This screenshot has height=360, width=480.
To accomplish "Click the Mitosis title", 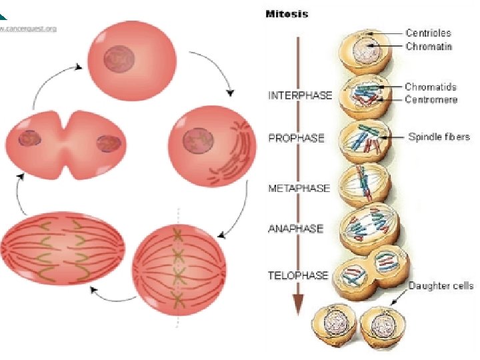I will click(287, 13).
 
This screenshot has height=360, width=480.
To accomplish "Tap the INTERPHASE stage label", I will click(299, 95).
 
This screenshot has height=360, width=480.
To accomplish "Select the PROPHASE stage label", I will click(296, 138).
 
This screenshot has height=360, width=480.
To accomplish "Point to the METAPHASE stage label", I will click(299, 188).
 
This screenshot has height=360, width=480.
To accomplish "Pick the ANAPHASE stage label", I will click(295, 229).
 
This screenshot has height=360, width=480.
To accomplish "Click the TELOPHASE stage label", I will click(298, 275).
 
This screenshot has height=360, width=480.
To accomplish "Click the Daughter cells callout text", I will click(441, 286).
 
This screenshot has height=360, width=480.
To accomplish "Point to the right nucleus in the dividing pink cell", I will click(107, 143).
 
